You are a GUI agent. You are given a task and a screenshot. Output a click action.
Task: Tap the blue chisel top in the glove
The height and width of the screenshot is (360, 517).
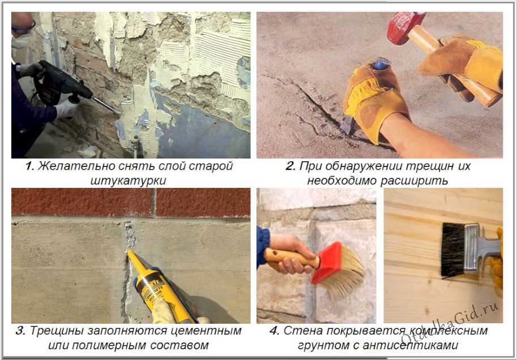(381, 63)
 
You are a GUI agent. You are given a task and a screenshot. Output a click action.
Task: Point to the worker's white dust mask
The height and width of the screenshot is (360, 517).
(20, 41)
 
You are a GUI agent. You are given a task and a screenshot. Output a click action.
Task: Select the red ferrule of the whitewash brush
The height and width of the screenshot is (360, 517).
(326, 263)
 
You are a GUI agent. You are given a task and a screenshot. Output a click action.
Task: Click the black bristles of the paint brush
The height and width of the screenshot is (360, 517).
(452, 250)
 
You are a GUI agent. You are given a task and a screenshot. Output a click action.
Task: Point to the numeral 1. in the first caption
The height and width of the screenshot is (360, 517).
(29, 166)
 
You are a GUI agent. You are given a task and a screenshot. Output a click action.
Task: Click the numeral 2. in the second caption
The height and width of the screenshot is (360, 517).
(290, 166)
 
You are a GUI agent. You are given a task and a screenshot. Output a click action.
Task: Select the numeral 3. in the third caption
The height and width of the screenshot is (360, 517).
(20, 331)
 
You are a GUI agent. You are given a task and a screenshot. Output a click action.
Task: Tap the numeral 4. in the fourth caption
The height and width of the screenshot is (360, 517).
(274, 331)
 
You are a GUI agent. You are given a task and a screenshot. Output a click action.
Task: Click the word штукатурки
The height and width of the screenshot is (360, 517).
(128, 181)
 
